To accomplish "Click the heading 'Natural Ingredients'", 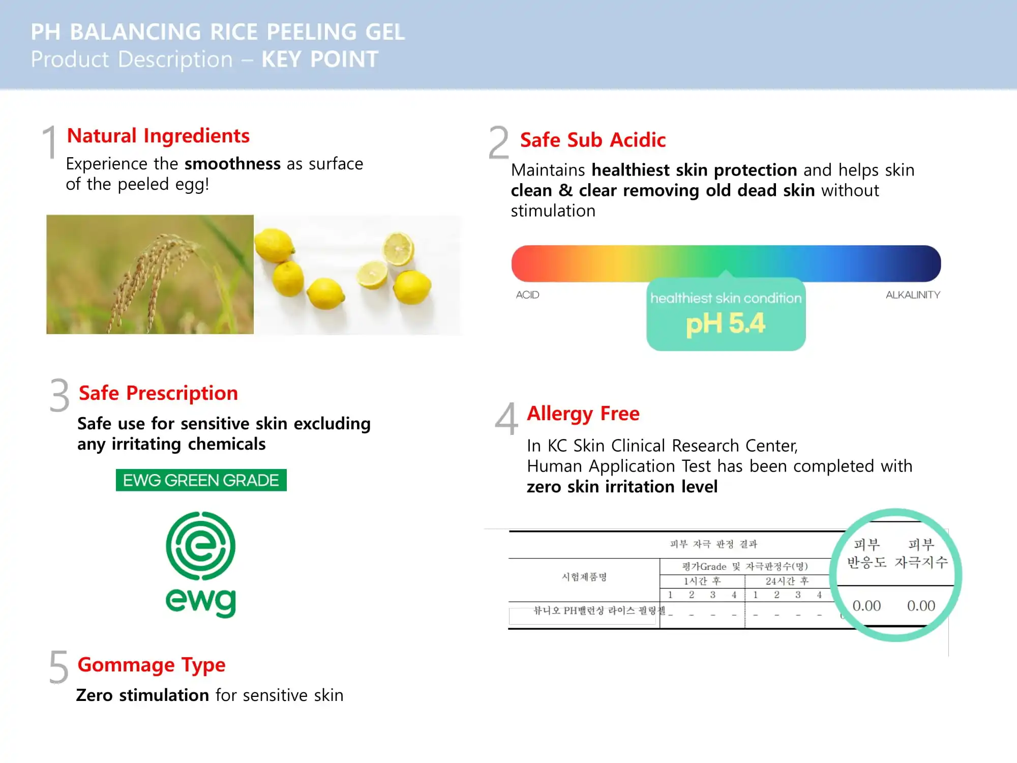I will (158, 136).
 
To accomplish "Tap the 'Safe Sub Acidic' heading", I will (592, 140).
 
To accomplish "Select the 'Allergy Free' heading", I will (583, 414).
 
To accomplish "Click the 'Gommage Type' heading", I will (151, 665).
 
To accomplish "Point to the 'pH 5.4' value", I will (725, 324).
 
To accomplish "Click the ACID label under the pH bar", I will (527, 295).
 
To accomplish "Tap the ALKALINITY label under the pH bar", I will (912, 295).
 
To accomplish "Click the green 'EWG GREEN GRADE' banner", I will (201, 480).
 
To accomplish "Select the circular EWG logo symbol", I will (201, 546).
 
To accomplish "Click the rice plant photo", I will (149, 274).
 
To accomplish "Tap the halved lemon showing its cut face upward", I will (398, 248).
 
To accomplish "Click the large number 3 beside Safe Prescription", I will (59, 396).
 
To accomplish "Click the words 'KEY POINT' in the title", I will (320, 60).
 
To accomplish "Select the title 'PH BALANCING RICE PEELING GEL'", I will (218, 32).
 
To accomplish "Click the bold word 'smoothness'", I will (232, 164).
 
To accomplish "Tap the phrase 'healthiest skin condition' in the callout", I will (726, 298).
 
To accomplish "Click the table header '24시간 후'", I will (787, 581).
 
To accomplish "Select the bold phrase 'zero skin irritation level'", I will (622, 487).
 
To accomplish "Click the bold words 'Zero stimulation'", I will (142, 695).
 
